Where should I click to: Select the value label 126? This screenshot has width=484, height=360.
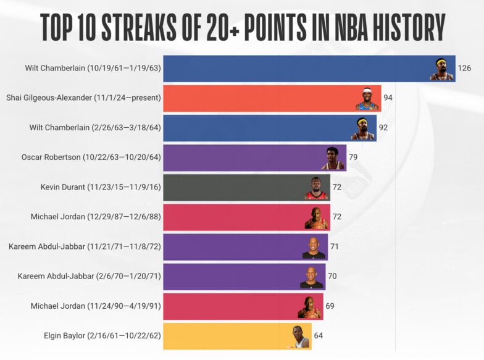(465, 69)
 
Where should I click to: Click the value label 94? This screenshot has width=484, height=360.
(388, 98)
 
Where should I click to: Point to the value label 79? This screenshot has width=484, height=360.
(353, 157)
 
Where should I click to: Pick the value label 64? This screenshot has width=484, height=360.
(319, 336)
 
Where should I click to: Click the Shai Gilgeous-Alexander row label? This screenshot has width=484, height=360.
(83, 98)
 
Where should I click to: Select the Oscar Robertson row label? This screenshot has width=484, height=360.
(91, 157)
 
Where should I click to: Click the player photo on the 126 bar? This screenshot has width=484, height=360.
(441, 69)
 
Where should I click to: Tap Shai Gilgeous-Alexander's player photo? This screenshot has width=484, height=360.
(367, 99)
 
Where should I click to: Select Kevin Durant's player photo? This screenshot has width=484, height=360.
(316, 188)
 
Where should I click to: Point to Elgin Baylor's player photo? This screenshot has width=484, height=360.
(301, 337)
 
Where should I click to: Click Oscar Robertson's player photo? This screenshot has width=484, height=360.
(333, 158)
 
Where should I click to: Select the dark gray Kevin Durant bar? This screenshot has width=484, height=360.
(235, 187)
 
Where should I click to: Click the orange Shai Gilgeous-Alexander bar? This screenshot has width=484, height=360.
(259, 98)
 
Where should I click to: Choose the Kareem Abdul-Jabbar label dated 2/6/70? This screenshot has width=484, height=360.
(89, 276)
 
